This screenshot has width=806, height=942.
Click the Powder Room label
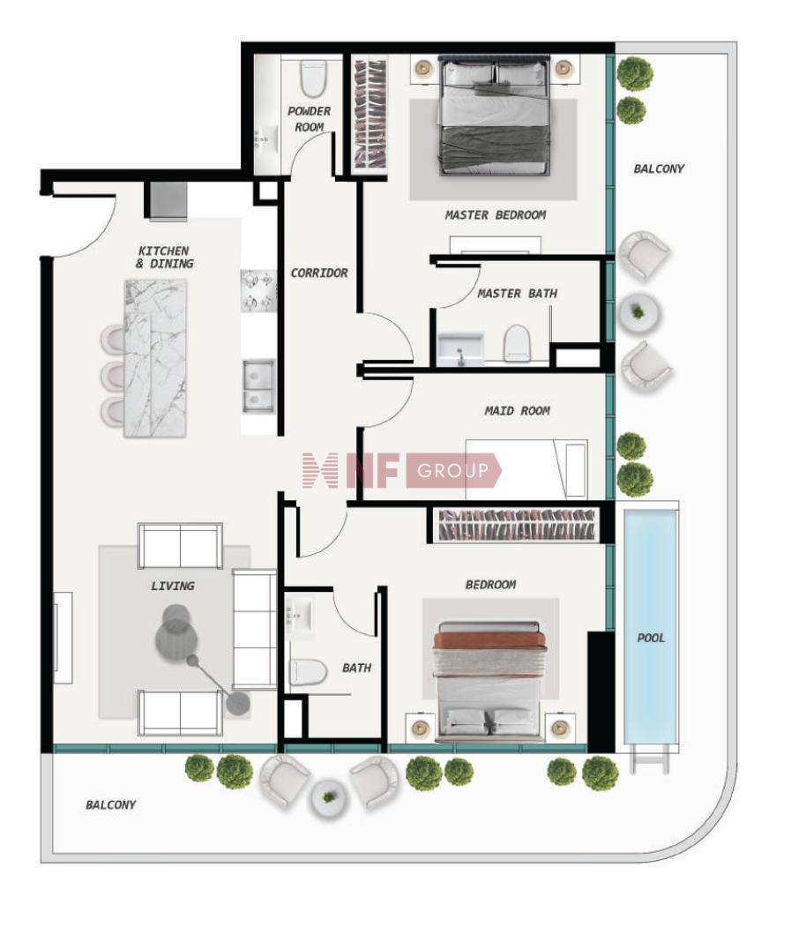[309, 119]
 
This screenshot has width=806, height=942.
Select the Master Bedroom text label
[496, 214]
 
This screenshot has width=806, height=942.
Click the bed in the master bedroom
[495, 116]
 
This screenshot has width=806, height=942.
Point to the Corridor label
[319, 273]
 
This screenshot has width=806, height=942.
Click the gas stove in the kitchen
[259, 291]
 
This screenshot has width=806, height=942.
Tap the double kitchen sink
[259, 385]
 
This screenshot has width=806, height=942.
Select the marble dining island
[155, 358]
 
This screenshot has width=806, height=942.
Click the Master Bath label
[517, 293]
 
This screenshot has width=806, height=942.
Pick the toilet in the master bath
[516, 343]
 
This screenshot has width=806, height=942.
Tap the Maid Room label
[517, 411]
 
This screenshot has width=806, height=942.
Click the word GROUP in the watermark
[453, 470]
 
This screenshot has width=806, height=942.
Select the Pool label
[651, 638]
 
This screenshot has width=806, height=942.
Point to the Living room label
[173, 586]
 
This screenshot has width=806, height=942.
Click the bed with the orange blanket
[489, 681]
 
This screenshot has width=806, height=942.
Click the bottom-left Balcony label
[110, 804]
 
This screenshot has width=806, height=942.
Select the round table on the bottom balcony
[329, 798]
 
